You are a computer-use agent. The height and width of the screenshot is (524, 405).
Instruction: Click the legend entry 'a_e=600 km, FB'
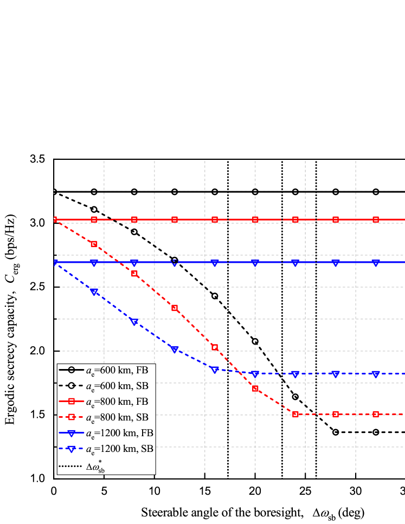119,370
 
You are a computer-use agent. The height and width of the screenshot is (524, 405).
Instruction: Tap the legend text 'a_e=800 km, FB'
119,402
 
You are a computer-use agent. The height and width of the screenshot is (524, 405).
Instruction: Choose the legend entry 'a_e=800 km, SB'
119,417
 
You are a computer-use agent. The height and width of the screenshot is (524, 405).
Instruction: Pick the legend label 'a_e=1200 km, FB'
121,433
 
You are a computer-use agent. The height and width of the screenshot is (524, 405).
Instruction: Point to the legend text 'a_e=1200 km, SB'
121,449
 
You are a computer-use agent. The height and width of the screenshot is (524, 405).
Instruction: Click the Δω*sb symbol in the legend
95,465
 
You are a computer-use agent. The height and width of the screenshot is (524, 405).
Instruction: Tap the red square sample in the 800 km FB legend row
71,402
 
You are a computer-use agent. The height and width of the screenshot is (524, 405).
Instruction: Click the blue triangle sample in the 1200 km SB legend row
71,449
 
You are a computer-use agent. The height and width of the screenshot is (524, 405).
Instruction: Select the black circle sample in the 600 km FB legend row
71,370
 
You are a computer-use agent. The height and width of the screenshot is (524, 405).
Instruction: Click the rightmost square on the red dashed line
376,414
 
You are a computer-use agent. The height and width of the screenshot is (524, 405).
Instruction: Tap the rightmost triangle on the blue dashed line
376,374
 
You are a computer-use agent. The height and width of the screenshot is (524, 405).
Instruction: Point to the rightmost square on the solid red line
376,219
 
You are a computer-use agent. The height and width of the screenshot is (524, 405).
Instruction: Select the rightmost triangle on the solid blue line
376,263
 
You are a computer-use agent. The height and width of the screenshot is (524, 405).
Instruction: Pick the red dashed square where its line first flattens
295,414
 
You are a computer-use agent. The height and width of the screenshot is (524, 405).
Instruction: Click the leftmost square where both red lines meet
55,219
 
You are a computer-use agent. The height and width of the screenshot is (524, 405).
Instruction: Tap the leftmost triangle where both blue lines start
55,263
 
